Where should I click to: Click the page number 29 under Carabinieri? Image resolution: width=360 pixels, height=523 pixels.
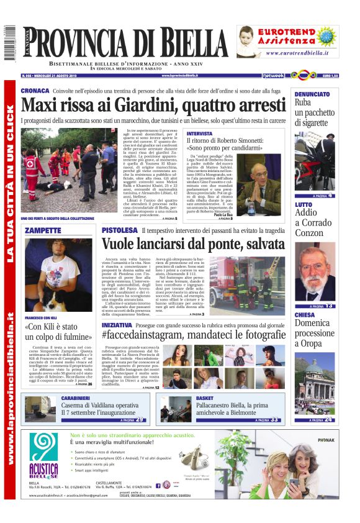tap(140, 421)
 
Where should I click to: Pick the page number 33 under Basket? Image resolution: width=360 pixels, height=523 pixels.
tap(274, 421)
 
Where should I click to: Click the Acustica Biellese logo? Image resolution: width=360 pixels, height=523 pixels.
tap(43, 460)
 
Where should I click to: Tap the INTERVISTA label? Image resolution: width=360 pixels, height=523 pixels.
tap(199, 134)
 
